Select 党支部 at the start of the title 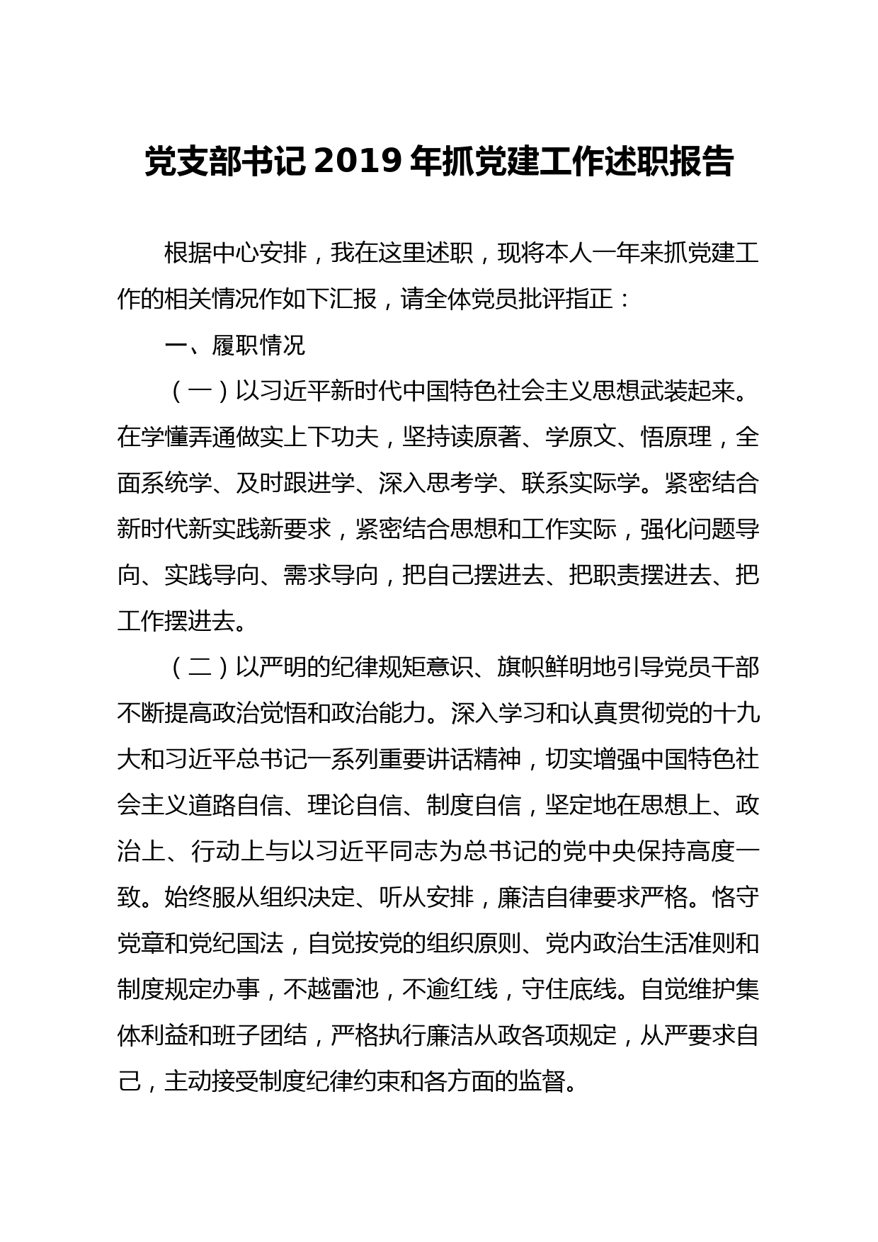186,162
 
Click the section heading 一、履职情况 235,346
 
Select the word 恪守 736,898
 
